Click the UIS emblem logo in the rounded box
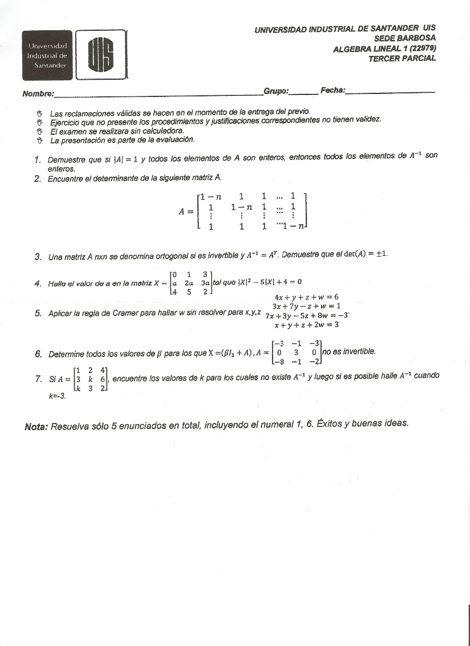pos(101,55)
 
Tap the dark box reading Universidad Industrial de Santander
pos(47,56)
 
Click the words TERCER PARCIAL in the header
pos(402,58)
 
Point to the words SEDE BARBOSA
pos(405,38)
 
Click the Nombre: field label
pos(38,94)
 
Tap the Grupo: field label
pos(276,91)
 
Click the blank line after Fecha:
pos(391,91)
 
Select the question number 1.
pos(37,160)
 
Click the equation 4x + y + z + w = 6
pos(306,297)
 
